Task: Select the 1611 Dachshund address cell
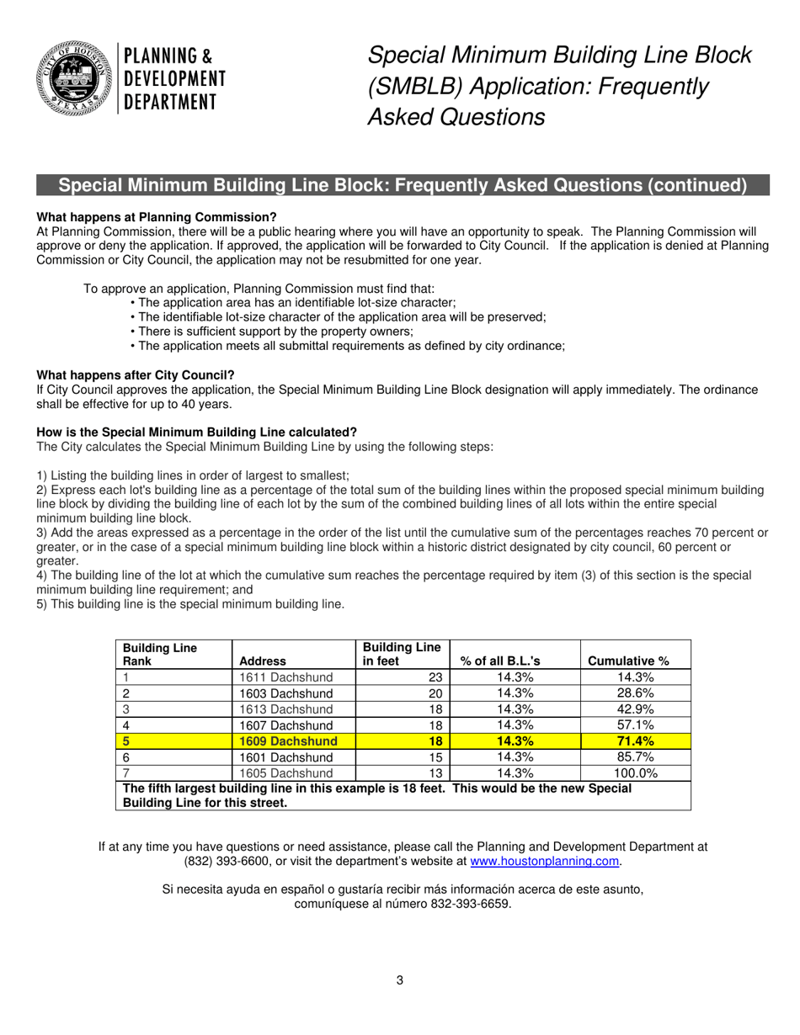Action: [286, 677]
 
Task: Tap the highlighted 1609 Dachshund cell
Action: [288, 741]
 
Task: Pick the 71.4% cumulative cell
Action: [636, 741]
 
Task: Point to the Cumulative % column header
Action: [628, 661]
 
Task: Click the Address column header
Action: [263, 661]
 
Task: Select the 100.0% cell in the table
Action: [636, 773]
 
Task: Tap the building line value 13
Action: [435, 773]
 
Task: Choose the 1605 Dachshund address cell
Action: [286, 773]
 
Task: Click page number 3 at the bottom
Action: [400, 979]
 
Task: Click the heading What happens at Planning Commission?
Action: [157, 216]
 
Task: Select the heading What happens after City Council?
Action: [136, 374]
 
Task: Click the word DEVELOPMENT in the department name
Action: [175, 79]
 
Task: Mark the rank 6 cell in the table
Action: [126, 757]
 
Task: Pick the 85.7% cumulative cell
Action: [636, 757]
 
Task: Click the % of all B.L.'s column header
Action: [500, 661]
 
